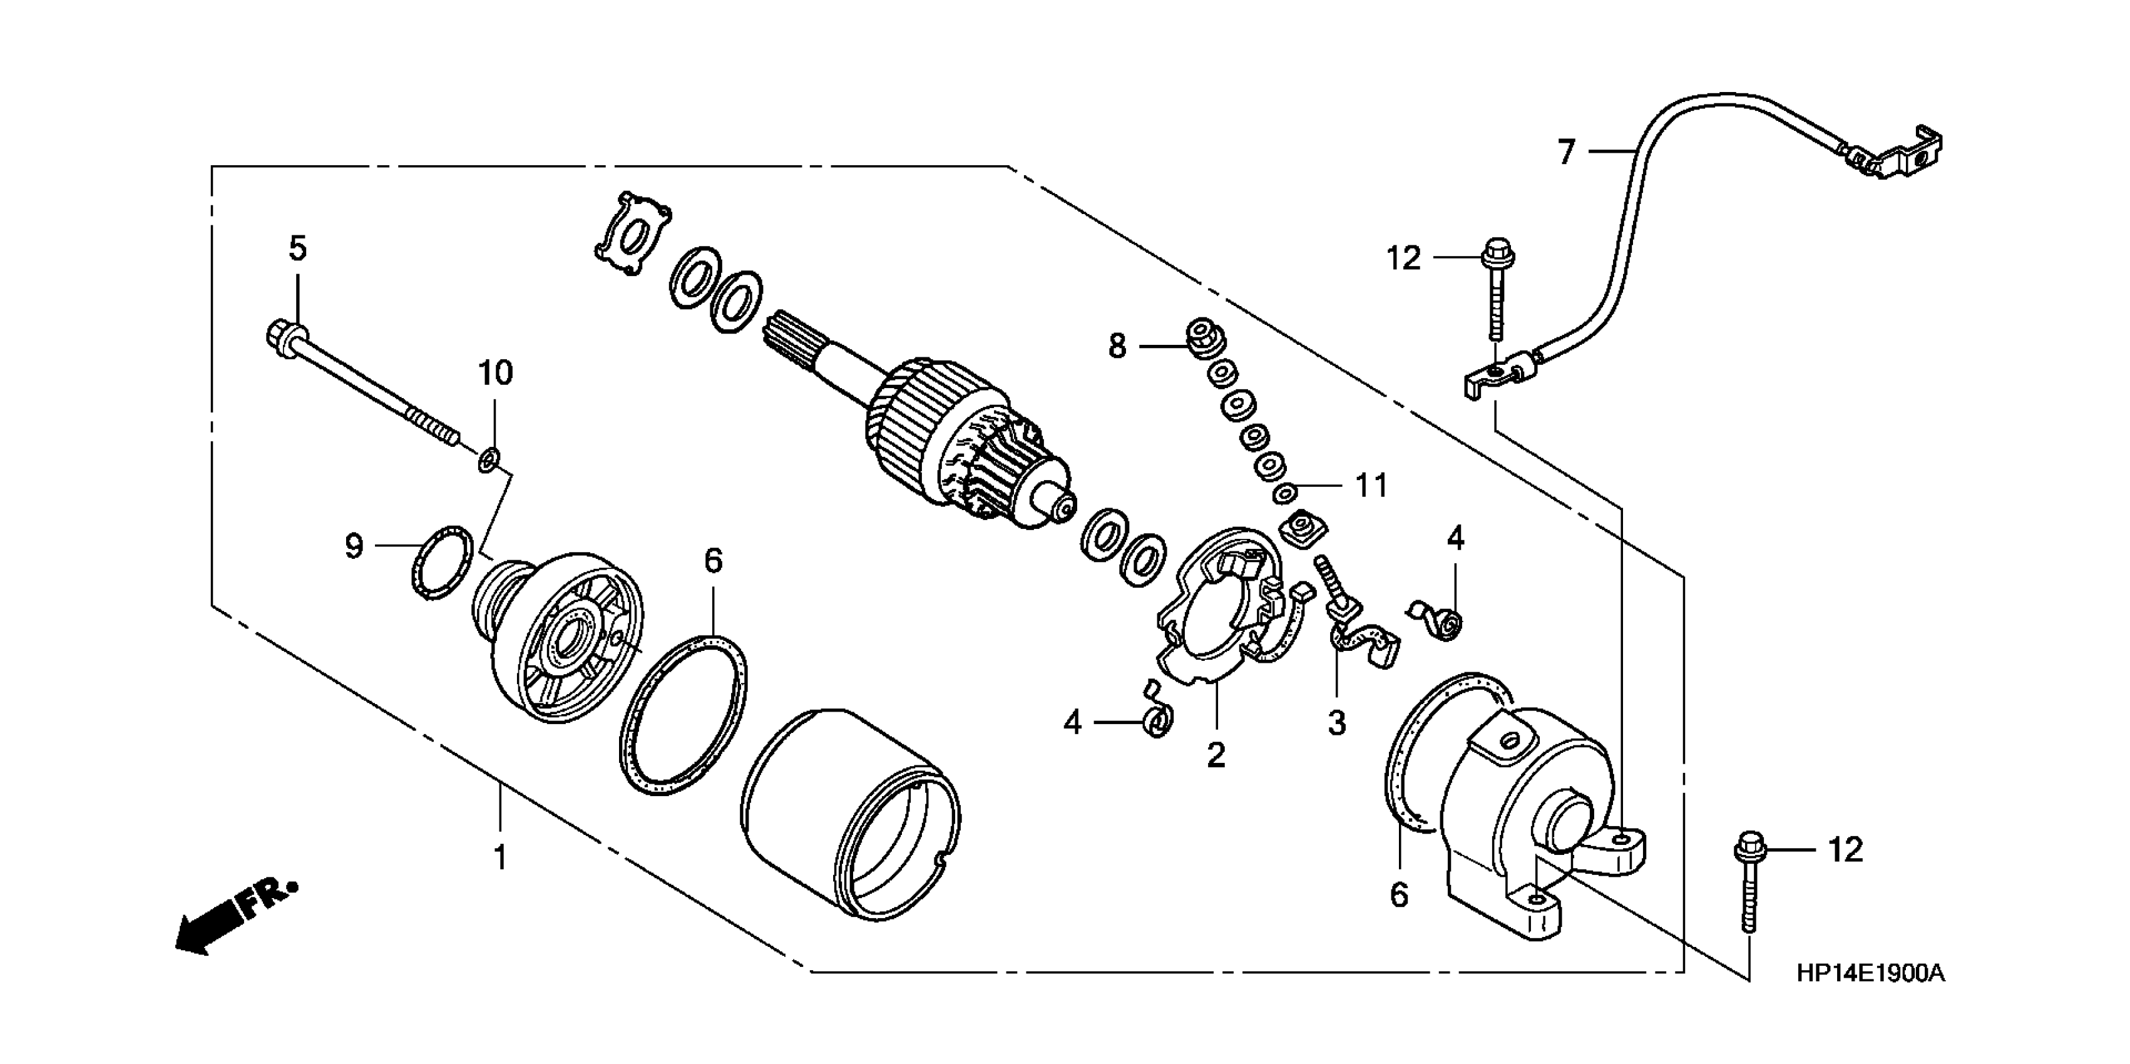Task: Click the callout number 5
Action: coord(298,248)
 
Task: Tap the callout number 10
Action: coord(495,374)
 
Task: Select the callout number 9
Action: coord(354,546)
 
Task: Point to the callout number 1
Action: coord(500,858)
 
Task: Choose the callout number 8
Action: coord(1117,346)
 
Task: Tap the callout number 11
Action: coord(1371,485)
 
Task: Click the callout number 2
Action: coord(1216,755)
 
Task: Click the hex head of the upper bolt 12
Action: coord(1497,247)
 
